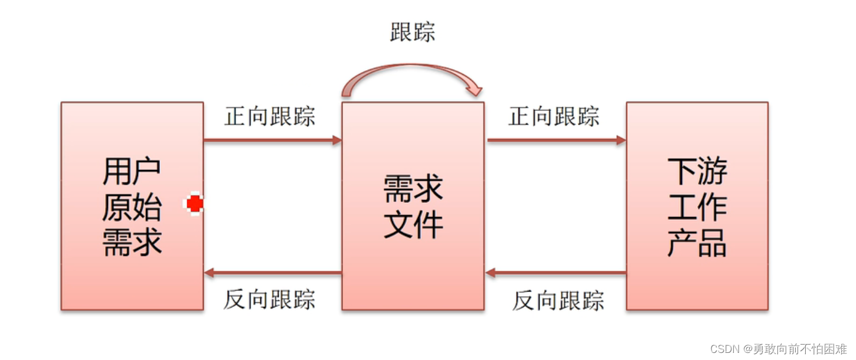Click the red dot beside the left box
[x=194, y=204]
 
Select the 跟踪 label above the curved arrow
[x=413, y=32]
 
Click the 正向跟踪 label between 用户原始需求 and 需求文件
[x=270, y=116]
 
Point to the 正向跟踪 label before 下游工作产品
[x=554, y=116]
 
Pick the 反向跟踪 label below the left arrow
[x=269, y=299]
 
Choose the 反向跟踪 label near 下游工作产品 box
[x=558, y=300]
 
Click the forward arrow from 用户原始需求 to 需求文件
[x=272, y=140]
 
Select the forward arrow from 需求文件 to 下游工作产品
[x=556, y=140]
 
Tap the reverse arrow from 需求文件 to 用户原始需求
[x=272, y=273]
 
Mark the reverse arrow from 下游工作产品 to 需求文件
[x=556, y=273]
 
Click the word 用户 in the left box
[x=132, y=171]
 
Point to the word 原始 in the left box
[x=132, y=207]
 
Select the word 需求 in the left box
[x=132, y=241]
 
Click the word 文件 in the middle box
[x=413, y=224]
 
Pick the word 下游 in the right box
[x=697, y=171]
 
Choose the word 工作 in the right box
[x=697, y=207]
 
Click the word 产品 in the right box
[x=697, y=242]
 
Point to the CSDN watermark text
[x=778, y=349]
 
